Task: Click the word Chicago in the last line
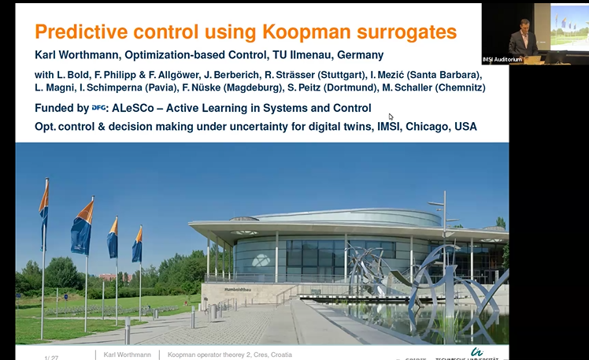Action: click(418, 126)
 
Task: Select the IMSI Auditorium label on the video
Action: click(502, 59)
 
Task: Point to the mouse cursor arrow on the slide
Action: click(391, 117)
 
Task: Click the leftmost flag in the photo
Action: click(44, 209)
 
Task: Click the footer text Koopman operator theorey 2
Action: click(206, 355)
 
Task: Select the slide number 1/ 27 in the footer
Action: click(51, 357)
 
